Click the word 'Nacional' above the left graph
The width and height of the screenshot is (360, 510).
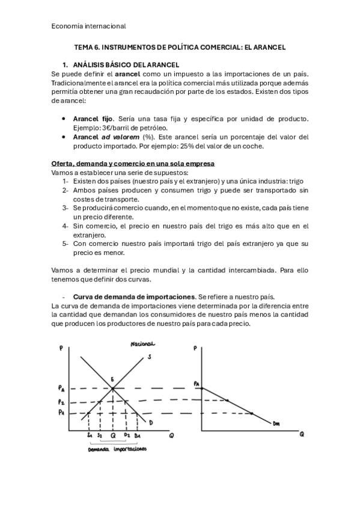142,345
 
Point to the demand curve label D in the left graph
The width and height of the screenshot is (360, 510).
151,423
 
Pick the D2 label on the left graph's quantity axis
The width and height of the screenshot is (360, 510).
127,435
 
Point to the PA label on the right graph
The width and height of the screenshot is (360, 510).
196,383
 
